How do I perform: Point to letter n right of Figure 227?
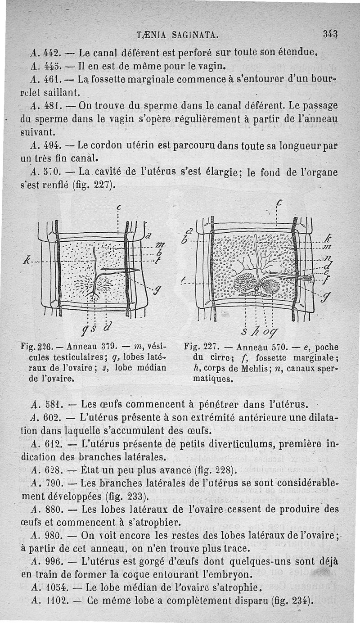(x=328, y=258)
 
